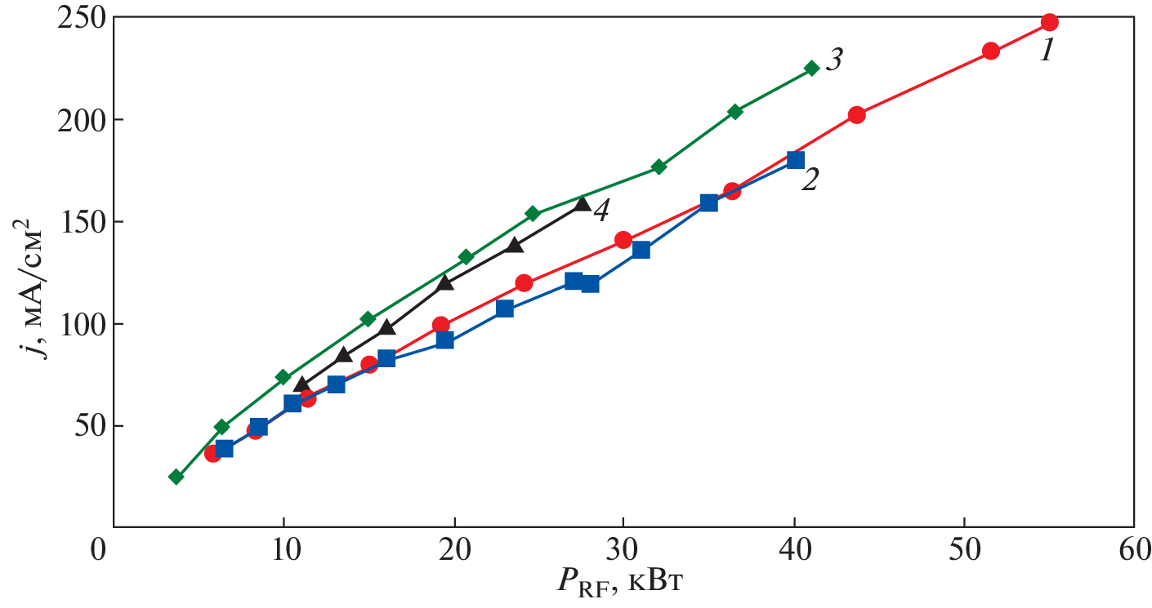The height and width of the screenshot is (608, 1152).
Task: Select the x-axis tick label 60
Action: tap(1134, 549)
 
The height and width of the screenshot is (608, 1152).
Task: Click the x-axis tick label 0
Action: tap(99, 549)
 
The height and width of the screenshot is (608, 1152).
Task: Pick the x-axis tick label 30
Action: tap(623, 549)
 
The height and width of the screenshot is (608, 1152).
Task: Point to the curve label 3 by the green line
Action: tap(833, 61)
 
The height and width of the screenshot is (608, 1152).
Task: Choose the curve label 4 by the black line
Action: tap(601, 211)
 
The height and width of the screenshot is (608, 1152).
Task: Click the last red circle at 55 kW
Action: tap(1049, 22)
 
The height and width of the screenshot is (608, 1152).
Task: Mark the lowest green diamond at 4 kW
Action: tap(176, 477)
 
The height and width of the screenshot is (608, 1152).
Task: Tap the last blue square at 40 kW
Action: tap(795, 160)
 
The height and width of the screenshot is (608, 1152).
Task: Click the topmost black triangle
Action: tap(582, 203)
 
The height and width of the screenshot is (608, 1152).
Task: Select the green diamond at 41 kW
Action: tap(811, 69)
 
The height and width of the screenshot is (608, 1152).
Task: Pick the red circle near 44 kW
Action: tap(856, 115)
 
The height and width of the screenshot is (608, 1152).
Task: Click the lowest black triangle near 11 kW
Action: tap(301, 384)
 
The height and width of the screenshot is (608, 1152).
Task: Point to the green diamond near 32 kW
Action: tap(659, 167)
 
